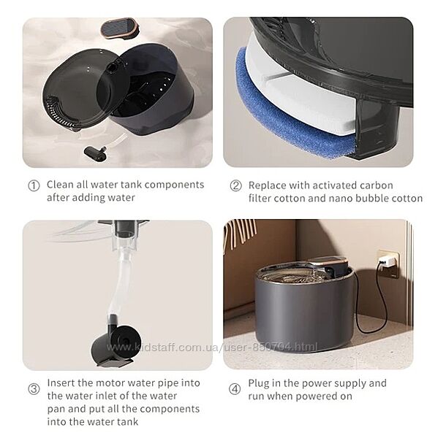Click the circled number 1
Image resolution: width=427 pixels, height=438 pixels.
(x=34, y=185)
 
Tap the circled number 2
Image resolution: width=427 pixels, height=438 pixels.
(x=235, y=185)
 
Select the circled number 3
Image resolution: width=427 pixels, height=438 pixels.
(x=34, y=388)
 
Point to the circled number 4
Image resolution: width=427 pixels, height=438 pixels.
(x=235, y=389)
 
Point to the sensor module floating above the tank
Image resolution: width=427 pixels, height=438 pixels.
(x=119, y=28)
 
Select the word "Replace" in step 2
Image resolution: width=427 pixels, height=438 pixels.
(x=267, y=185)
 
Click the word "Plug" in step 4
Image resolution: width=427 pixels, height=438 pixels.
(x=259, y=383)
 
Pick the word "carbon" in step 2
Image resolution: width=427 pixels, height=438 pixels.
(x=377, y=185)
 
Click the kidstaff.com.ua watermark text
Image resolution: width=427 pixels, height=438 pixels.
(x=212, y=347)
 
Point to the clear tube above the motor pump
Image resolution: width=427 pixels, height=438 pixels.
(x=121, y=282)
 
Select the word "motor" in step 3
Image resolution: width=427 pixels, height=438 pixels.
(x=110, y=383)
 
